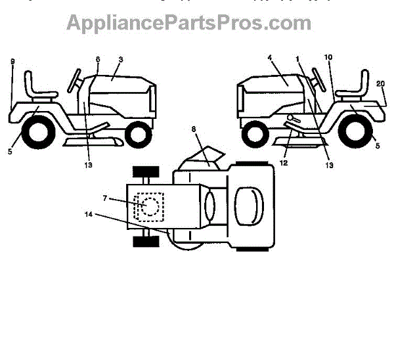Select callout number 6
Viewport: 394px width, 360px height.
click(x=98, y=59)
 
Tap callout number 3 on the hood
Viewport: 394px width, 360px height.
click(x=121, y=60)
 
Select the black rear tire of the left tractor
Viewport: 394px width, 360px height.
click(x=37, y=131)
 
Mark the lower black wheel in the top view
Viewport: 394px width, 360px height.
click(x=145, y=242)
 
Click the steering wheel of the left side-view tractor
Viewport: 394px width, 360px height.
click(x=75, y=79)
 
